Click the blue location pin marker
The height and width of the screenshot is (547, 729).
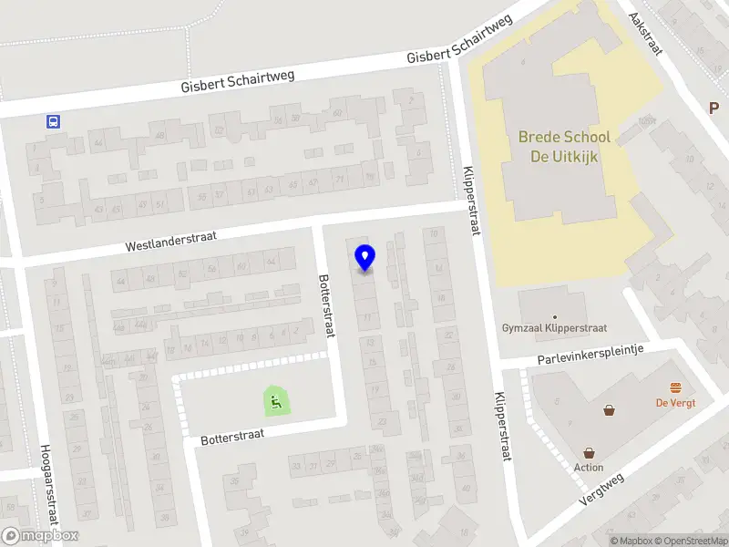(x=364, y=258)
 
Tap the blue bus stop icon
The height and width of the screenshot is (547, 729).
(x=55, y=121)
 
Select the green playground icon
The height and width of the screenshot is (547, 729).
(x=275, y=401)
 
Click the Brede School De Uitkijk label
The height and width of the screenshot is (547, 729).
(x=564, y=146)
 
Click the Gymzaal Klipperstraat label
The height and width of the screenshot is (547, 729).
(x=554, y=328)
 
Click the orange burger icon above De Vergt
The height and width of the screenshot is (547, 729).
(x=675, y=387)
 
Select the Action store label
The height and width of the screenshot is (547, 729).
(x=589, y=468)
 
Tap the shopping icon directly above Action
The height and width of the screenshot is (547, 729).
(x=589, y=452)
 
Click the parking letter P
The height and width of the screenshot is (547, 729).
(x=714, y=108)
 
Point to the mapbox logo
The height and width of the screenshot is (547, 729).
(x=41, y=536)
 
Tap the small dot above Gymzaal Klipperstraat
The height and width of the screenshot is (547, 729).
(x=554, y=317)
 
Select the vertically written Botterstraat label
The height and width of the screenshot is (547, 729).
(x=325, y=305)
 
